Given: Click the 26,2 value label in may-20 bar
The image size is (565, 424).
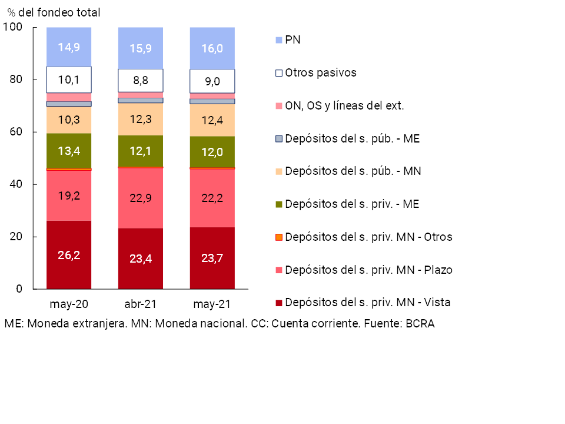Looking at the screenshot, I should click(x=69, y=255).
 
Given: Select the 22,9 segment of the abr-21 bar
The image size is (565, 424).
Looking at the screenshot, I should click(x=141, y=198).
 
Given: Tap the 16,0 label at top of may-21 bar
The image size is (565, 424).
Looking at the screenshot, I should click(x=212, y=48).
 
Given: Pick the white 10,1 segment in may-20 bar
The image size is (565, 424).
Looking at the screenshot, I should click(x=69, y=79).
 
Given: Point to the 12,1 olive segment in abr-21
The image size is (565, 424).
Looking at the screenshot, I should click(x=141, y=152).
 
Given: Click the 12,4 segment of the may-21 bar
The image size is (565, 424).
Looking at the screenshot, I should click(x=212, y=121).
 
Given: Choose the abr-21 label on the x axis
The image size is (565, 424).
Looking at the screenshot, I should click(x=141, y=305).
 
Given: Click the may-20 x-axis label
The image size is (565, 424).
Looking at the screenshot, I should click(x=69, y=305).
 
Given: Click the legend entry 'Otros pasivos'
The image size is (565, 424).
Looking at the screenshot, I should click(x=320, y=73).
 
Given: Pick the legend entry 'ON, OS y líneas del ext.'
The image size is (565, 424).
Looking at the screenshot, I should click(x=344, y=106).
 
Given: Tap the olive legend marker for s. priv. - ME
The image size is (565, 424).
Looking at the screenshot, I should click(x=280, y=204).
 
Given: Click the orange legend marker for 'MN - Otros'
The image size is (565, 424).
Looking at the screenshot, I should click(x=280, y=237).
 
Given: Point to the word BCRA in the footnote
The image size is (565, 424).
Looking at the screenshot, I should click(x=420, y=324).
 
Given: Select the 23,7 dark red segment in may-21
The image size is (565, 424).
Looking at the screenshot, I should click(x=212, y=258).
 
